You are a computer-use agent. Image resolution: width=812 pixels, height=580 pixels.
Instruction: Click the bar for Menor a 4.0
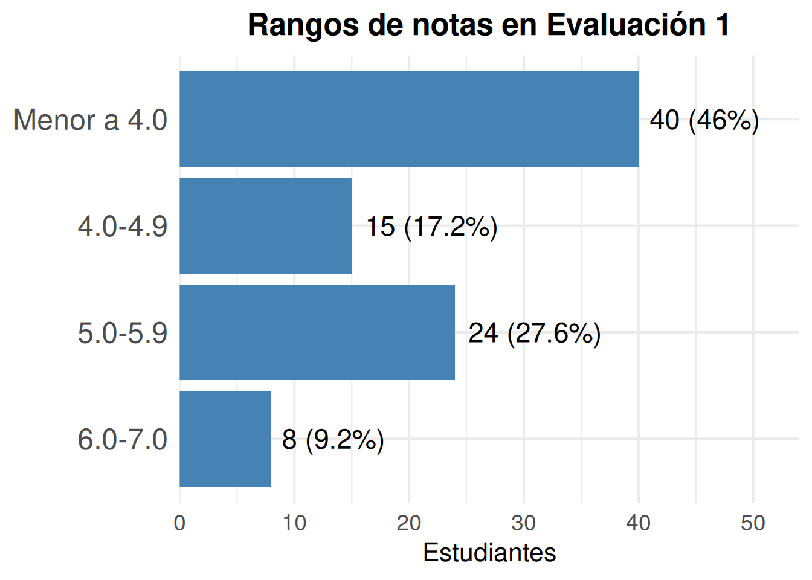(409, 119)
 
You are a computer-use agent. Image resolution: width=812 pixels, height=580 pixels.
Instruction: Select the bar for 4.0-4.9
(265, 225)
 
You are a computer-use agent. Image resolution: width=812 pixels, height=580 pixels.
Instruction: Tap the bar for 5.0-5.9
(317, 332)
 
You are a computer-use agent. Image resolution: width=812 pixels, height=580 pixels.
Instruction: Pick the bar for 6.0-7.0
(225, 439)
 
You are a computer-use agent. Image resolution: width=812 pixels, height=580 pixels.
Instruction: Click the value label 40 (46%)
(704, 120)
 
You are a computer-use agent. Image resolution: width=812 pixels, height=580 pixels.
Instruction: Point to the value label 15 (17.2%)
(432, 227)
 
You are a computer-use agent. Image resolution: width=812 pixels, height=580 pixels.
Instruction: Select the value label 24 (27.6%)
(534, 333)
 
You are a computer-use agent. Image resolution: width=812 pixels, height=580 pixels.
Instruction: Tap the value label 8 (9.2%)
(333, 440)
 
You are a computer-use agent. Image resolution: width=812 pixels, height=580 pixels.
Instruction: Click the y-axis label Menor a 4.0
(90, 120)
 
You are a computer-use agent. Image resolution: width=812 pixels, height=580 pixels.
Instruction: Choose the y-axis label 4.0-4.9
(123, 226)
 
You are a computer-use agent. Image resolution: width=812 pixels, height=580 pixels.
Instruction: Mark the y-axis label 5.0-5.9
(123, 333)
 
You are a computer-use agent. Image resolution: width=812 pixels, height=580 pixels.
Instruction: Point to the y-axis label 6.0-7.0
(123, 439)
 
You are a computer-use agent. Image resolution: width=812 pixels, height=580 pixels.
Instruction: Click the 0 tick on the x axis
(179, 523)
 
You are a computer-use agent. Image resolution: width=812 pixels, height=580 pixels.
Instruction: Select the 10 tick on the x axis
(294, 523)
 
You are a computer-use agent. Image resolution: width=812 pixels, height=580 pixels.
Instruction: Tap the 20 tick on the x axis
(409, 523)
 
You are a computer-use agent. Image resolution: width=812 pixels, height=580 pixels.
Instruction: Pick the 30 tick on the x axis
(523, 523)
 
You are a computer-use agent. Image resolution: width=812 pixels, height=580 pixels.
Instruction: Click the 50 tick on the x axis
(753, 523)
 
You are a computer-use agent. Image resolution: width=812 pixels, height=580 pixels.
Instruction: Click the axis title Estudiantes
(489, 553)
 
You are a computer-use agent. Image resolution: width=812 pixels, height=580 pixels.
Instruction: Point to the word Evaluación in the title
(626, 25)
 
